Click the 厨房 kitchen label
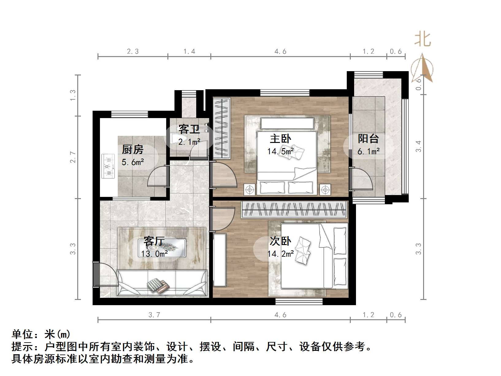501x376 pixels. (x=132, y=150)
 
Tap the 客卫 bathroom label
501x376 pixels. (x=189, y=129)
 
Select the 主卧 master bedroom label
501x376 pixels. (x=280, y=139)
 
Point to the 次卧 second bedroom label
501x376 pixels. (x=280, y=241)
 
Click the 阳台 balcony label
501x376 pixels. (x=368, y=139)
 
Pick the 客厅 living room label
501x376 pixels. (x=154, y=241)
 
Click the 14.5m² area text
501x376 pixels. (x=280, y=151)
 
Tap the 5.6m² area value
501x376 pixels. (x=132, y=162)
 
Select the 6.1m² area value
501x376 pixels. (x=368, y=151)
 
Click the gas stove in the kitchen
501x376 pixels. (x=108, y=167)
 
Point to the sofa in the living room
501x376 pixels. (x=162, y=283)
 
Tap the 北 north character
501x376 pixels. (x=423, y=40)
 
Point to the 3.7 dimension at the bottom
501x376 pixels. (x=154, y=315)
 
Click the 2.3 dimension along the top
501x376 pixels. (x=133, y=52)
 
